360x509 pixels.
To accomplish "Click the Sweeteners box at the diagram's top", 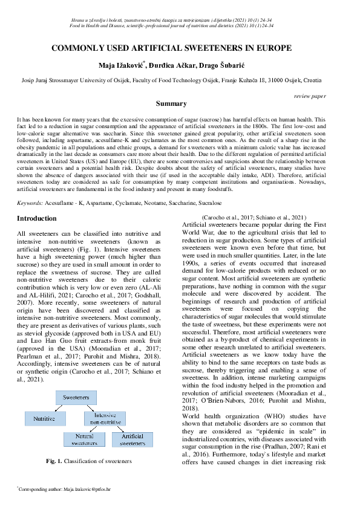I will tap(76, 397).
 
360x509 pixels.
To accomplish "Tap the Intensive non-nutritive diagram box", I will tap(105, 418).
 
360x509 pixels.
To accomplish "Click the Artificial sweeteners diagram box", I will tap(132, 439).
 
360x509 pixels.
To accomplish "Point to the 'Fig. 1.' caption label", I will tap(55, 461).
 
